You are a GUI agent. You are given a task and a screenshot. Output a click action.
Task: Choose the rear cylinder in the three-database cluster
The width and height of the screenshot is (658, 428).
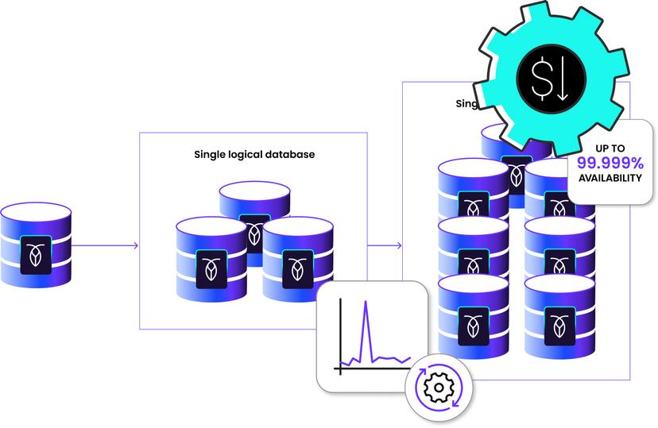(x=254, y=208)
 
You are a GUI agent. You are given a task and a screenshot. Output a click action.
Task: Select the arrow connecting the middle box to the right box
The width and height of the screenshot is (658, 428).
(x=385, y=245)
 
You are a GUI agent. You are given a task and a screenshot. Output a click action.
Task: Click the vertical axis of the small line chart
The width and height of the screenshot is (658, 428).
(x=339, y=337)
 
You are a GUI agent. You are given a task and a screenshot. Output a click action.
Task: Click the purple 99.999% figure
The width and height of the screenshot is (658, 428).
(x=610, y=163)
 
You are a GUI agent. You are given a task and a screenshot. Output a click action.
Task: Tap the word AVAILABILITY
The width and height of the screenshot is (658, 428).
(x=610, y=178)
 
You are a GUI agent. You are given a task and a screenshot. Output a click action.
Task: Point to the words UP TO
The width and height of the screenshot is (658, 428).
(x=610, y=148)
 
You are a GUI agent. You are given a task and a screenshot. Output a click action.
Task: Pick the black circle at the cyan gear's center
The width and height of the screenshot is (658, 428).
(x=550, y=81)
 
